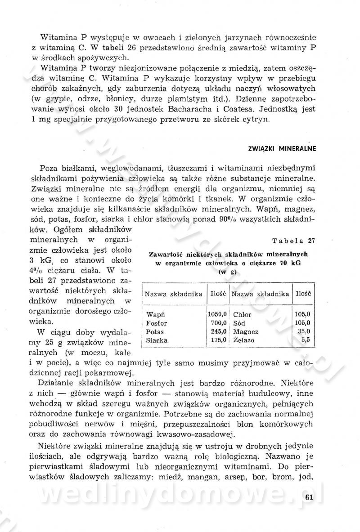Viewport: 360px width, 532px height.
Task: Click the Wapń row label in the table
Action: click(x=155, y=314)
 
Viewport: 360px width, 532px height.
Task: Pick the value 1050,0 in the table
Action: click(x=217, y=314)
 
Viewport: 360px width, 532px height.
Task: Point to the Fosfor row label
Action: click(x=157, y=323)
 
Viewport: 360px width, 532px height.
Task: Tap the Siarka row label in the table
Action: click(x=157, y=340)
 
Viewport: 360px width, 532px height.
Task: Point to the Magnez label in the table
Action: click(x=245, y=332)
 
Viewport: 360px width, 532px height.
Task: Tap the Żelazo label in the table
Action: click(x=244, y=340)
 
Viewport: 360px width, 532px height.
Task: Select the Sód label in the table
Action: click(x=239, y=323)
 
